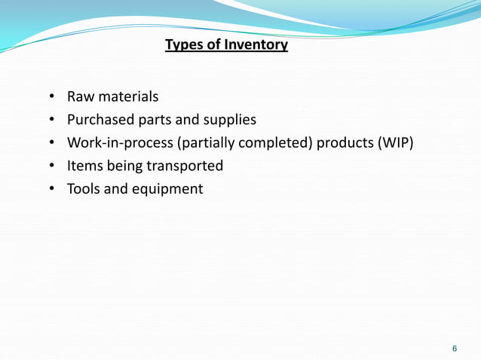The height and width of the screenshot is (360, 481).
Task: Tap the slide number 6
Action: coord(454,349)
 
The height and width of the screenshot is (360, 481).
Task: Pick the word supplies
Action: coord(231,120)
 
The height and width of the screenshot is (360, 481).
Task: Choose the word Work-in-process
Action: coord(120,143)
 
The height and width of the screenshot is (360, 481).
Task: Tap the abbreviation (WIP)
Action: coord(396,143)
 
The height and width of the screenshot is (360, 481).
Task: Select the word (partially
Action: coord(204,143)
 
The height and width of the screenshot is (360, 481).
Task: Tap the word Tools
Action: coord(83,188)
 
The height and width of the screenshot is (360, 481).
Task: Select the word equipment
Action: coord(168,189)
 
